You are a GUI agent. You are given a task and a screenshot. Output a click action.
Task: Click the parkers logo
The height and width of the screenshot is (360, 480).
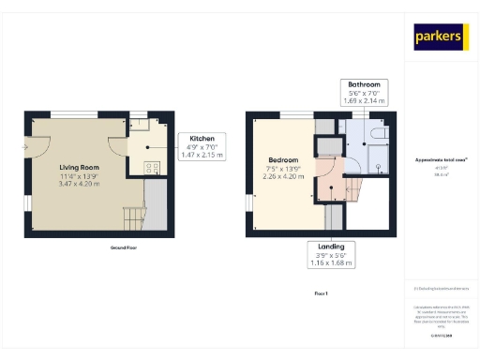pos(441,37)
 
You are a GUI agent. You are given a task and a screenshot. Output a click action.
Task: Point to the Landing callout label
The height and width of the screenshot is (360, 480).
pos(330,253)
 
